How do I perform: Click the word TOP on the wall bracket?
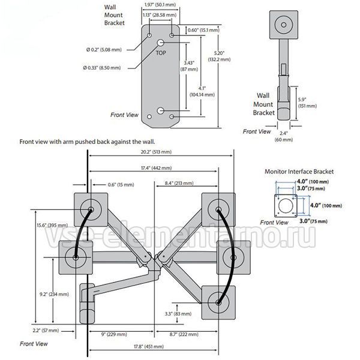(x=161, y=53)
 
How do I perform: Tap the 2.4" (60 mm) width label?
(x=284, y=137)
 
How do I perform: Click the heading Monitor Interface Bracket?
(x=299, y=172)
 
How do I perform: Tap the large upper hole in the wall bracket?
(x=161, y=43)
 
